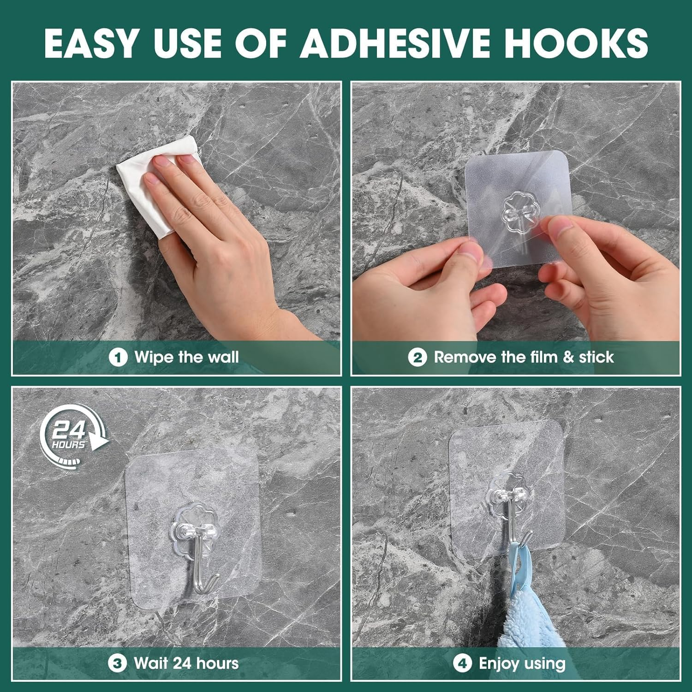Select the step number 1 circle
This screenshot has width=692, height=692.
118,358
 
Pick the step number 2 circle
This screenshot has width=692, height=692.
417,358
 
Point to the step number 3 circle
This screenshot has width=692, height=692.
117,664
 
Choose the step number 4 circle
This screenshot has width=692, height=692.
462,664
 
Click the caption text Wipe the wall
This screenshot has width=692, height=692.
186,358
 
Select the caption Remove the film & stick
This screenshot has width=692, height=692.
524,358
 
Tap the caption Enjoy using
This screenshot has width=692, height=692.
522,664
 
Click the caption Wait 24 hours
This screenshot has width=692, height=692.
186,664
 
